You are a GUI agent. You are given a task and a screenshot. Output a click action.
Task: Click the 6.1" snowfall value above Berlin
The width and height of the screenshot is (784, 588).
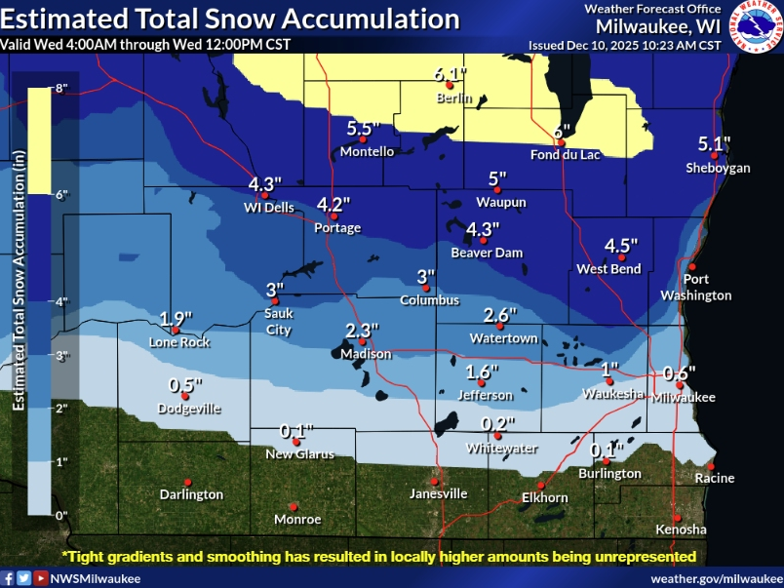pyautogui.click(x=451, y=75)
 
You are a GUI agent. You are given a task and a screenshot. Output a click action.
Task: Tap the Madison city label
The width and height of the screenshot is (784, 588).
pyautogui.click(x=365, y=354)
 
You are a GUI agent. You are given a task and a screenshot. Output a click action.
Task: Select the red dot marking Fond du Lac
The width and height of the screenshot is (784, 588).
pyautogui.click(x=561, y=141)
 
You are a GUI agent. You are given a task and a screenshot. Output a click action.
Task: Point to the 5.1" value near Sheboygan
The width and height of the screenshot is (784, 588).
pyautogui.click(x=714, y=144)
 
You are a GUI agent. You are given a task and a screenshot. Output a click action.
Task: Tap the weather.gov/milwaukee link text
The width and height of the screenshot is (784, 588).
pyautogui.click(x=714, y=578)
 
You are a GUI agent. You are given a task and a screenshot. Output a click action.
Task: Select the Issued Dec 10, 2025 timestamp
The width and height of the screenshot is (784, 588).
pyautogui.click(x=624, y=45)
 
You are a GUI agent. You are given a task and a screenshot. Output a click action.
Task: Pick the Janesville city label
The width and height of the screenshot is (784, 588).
pyautogui.click(x=437, y=493)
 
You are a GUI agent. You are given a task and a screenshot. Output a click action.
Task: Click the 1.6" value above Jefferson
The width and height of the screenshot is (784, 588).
pyautogui.click(x=482, y=372)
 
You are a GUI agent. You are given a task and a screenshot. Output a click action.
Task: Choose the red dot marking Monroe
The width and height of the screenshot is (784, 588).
pyautogui.click(x=293, y=506)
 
